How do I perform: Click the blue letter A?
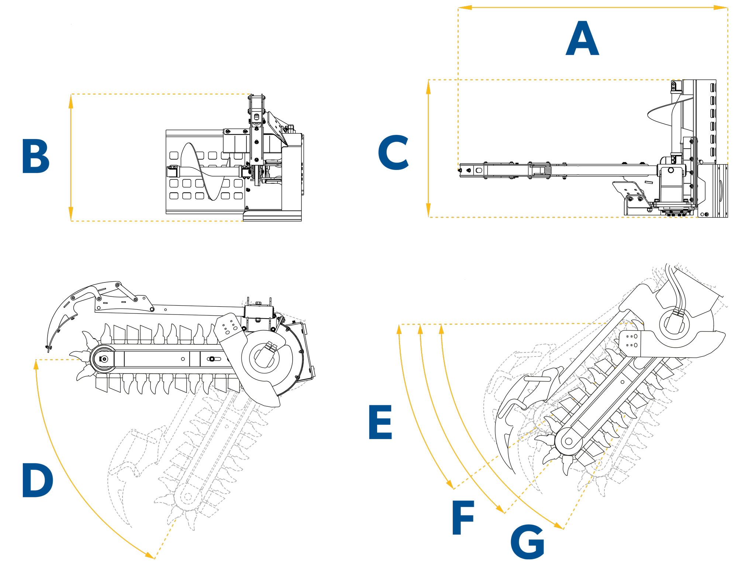(582, 39)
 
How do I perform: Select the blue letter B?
(35, 156)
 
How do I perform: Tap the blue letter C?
(393, 152)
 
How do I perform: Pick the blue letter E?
(380, 422)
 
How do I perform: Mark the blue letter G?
(527, 542)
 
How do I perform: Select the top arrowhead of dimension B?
(71, 101)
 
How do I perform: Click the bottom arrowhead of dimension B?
(71, 215)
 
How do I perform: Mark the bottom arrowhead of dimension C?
(428, 211)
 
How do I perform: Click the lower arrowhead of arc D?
(150, 555)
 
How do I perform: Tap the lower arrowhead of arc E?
(450, 484)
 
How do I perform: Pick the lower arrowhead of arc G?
(559, 526)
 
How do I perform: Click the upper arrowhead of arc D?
(36, 365)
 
